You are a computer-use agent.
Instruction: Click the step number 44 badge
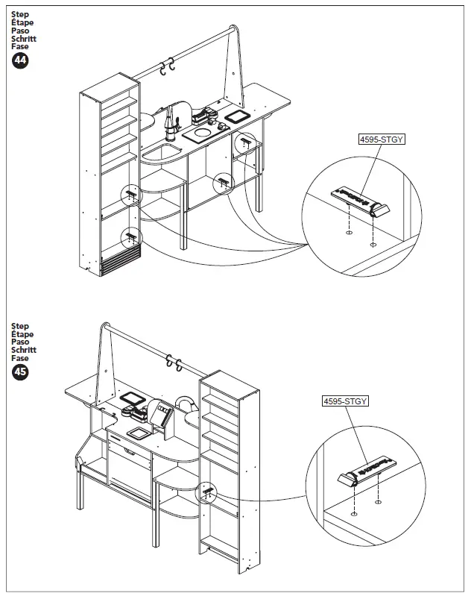tap(20, 61)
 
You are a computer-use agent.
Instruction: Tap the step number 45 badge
tap(20, 371)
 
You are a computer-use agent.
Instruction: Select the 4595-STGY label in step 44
tap(380, 138)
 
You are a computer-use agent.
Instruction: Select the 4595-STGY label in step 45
tap(345, 401)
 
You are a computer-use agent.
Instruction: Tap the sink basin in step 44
tap(161, 153)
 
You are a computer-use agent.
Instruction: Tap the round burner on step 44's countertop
tap(201, 133)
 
